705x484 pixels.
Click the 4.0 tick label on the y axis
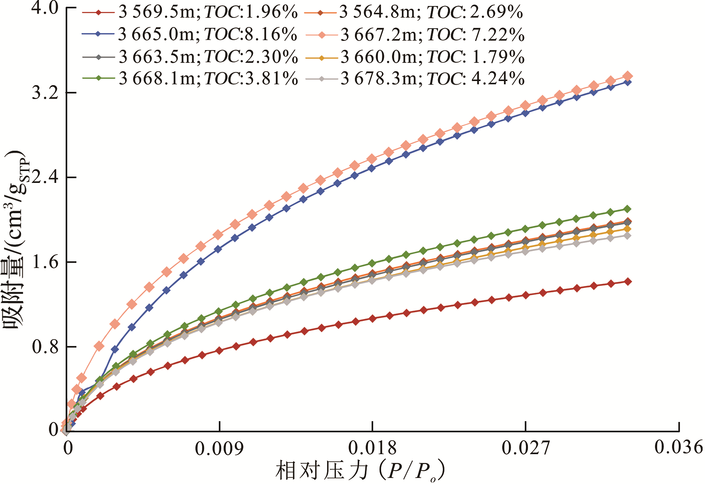pyautogui.click(x=45, y=8)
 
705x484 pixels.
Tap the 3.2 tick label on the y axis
pyautogui.click(x=45, y=93)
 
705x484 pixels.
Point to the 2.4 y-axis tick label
pyautogui.click(x=45, y=177)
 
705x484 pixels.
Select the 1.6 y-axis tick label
pyautogui.click(x=45, y=262)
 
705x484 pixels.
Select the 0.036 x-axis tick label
pyautogui.click(x=679, y=447)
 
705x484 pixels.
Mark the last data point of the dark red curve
pyautogui.click(x=628, y=282)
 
